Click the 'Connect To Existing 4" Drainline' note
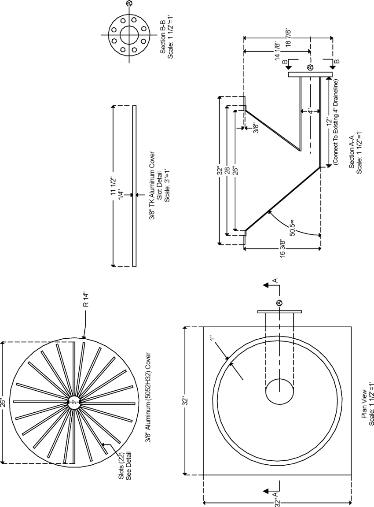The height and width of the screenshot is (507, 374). click(336, 122)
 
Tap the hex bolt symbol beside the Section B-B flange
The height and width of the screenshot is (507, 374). click(129, 4)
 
